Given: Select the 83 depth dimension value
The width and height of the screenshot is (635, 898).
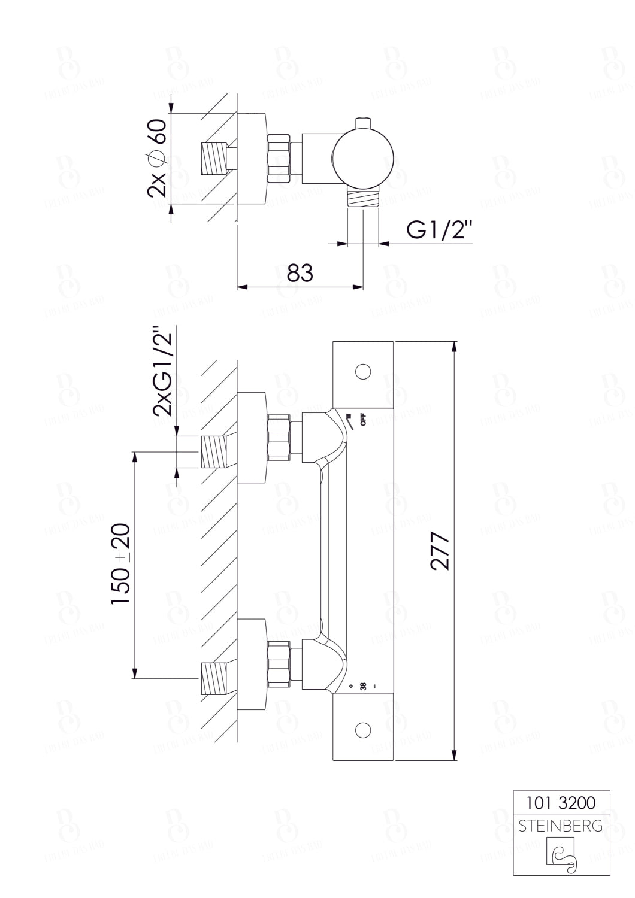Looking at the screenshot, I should pyautogui.click(x=300, y=272).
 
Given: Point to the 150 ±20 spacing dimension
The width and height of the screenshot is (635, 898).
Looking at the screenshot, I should pyautogui.click(x=120, y=564).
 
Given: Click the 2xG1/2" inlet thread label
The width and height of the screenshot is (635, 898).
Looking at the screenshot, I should pyautogui.click(x=162, y=371).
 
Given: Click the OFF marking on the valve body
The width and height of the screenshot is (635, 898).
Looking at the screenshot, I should pyautogui.click(x=362, y=420).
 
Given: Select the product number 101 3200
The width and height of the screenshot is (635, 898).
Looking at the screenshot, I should pyautogui.click(x=561, y=802).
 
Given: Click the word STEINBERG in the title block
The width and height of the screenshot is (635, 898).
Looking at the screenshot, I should pyautogui.click(x=561, y=826).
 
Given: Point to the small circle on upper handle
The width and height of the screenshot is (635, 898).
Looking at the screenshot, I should pyautogui.click(x=362, y=372).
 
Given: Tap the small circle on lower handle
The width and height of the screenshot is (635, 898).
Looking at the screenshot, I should pyautogui.click(x=362, y=730).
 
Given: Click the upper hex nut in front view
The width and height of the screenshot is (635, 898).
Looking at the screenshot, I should pyautogui.click(x=279, y=438).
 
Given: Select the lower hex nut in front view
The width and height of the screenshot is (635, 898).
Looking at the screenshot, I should pyautogui.click(x=279, y=663).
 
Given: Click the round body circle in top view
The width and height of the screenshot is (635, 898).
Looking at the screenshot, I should pyautogui.click(x=363, y=157).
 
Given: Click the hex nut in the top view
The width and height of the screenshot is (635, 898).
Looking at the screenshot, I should pyautogui.click(x=279, y=158).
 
